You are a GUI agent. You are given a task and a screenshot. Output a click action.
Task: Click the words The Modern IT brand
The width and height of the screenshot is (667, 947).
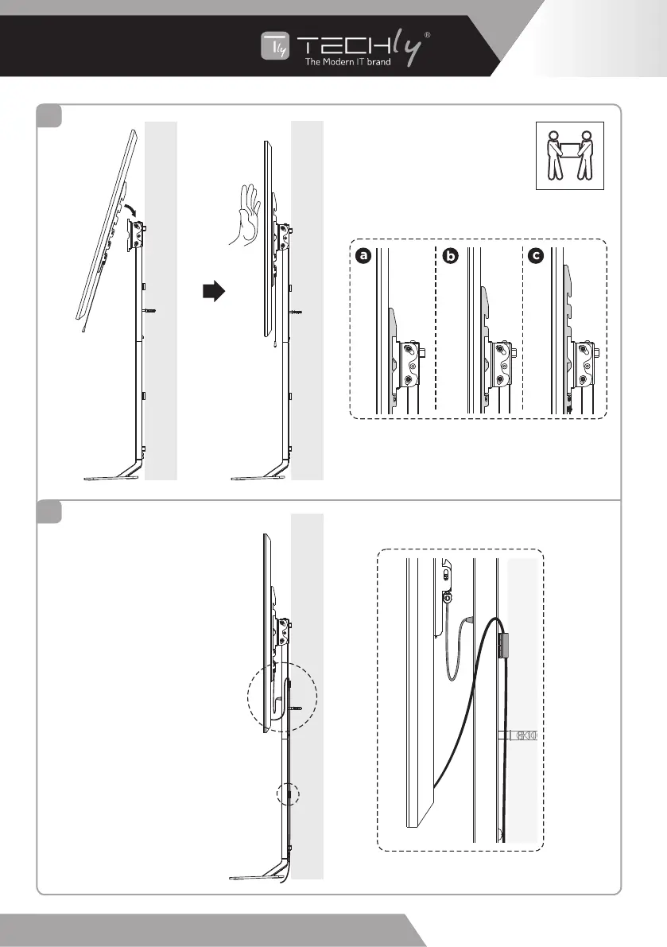(x=348, y=62)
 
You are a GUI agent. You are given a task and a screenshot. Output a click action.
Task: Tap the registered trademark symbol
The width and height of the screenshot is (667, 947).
(x=428, y=35)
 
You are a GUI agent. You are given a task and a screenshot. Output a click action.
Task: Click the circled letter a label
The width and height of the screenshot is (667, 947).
(x=364, y=257)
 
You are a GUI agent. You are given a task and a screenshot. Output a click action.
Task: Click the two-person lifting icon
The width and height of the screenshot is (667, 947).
(x=569, y=155)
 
